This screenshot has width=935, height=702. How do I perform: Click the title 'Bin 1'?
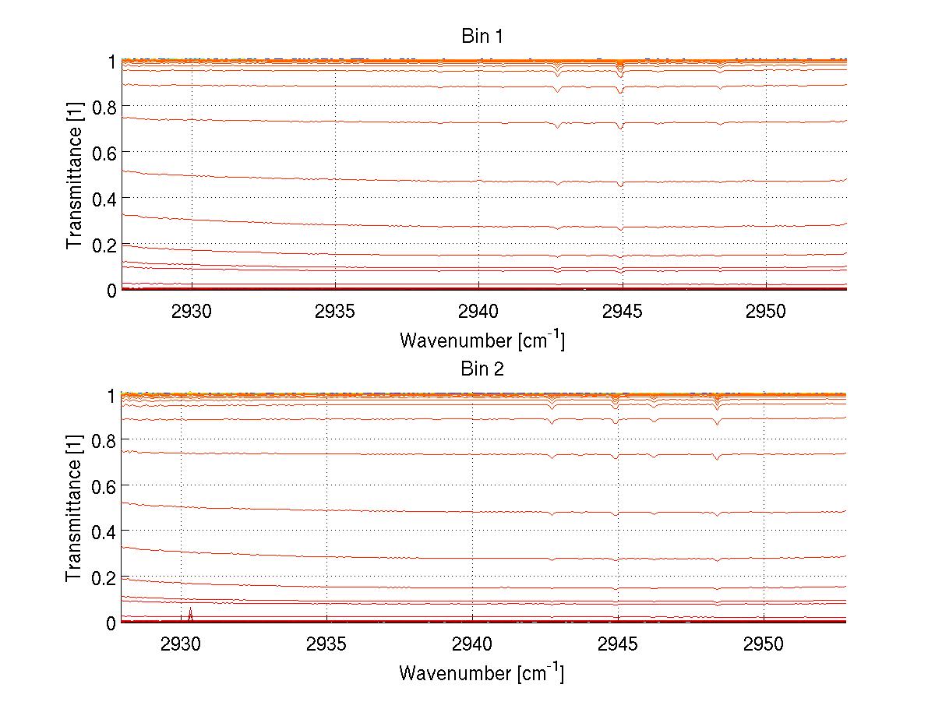(x=482, y=36)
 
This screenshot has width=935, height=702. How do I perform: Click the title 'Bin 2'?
(x=482, y=369)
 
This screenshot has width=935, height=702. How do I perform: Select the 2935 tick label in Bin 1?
(x=335, y=311)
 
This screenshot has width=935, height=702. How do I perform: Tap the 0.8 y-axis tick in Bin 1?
(x=104, y=106)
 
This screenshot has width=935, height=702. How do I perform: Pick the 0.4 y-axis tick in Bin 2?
(x=104, y=531)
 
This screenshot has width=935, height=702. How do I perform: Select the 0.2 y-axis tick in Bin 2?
(x=104, y=577)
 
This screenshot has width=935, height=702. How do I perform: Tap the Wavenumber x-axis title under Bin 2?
(x=482, y=672)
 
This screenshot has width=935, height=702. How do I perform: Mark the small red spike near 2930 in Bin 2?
(x=190, y=612)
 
